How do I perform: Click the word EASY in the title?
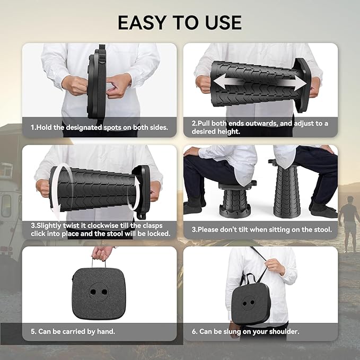click(x=142, y=22)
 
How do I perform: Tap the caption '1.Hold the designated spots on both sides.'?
click(x=100, y=127)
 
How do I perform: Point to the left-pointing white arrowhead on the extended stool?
click(x=219, y=82)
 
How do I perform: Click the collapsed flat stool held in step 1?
click(x=96, y=82)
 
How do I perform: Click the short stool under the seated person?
click(x=236, y=199)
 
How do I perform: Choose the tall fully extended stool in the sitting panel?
click(x=285, y=188)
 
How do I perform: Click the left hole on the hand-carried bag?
click(x=93, y=292)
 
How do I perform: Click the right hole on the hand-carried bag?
click(x=104, y=292)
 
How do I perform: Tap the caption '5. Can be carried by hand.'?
click(x=73, y=331)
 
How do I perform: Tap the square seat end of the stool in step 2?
click(x=303, y=85)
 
